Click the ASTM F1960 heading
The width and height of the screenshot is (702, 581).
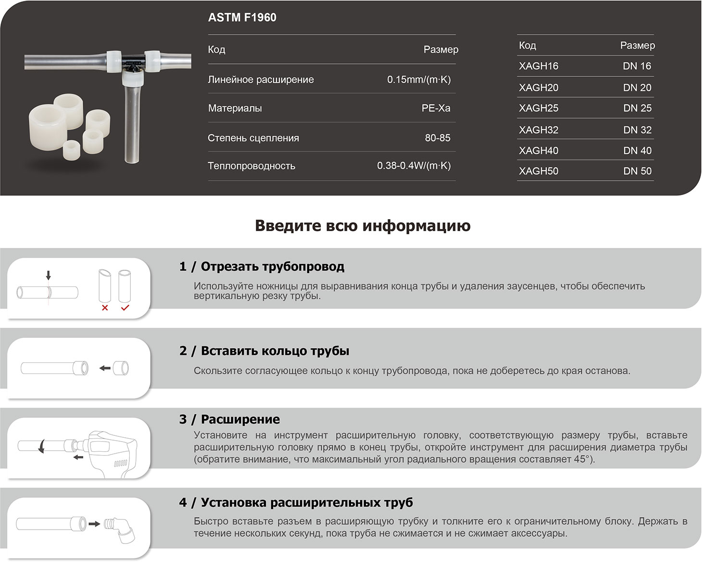[242, 18]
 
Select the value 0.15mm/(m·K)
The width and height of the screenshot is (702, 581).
[419, 79]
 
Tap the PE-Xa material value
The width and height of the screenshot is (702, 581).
[436, 108]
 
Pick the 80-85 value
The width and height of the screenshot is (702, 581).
[438, 138]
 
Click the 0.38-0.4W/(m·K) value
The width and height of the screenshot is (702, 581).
[414, 166]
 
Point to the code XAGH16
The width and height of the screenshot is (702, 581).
[539, 66]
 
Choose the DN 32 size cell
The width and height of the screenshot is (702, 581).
[637, 130]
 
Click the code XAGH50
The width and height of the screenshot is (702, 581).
[539, 171]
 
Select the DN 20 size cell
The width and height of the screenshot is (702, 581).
[637, 87]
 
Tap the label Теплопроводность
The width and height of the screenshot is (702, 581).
[251, 166]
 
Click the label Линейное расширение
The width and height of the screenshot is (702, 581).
[261, 80]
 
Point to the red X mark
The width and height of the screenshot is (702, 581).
[105, 308]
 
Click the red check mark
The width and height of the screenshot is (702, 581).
[125, 308]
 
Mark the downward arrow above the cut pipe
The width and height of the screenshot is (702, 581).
[48, 275]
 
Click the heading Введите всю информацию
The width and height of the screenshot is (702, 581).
[363, 225]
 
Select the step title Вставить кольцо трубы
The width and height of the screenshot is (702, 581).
[275, 351]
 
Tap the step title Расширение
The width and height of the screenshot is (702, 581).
[240, 420]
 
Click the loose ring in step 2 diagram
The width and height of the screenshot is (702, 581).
[120, 369]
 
